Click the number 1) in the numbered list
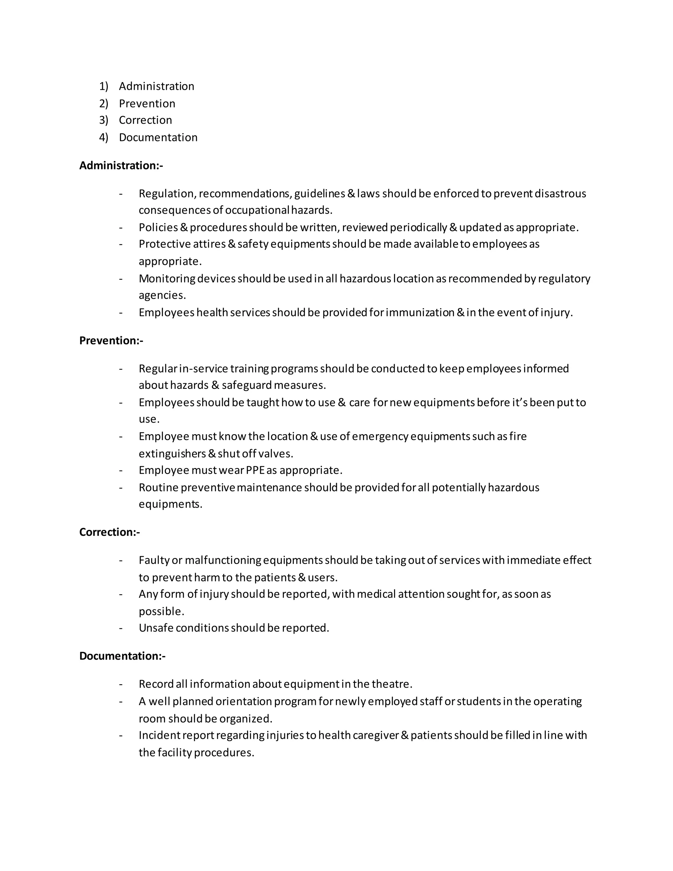104,86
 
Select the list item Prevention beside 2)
147,104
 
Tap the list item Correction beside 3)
145,120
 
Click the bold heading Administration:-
121,166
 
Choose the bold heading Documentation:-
122,656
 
